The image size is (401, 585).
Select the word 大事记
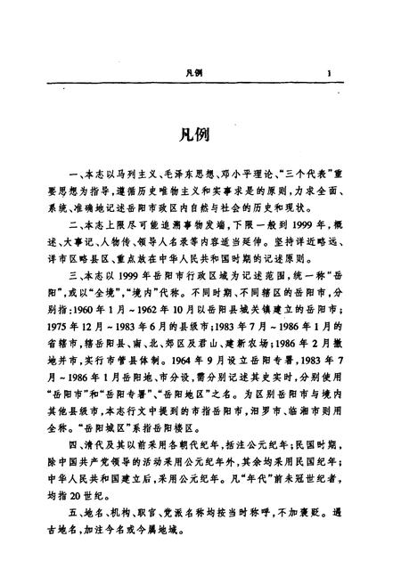tap(91, 238)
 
